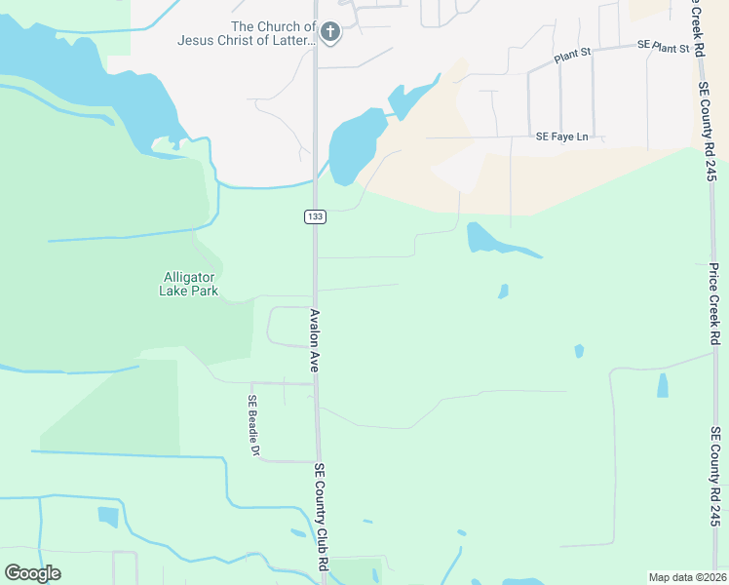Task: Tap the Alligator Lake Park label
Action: (189, 284)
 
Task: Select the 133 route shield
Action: (314, 215)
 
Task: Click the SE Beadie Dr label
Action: (252, 425)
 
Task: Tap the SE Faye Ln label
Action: (562, 136)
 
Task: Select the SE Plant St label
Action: (663, 46)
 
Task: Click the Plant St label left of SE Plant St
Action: (573, 58)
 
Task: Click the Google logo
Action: (32, 573)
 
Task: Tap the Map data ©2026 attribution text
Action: (686, 577)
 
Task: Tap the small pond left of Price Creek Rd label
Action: (579, 351)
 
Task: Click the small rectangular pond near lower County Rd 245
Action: (663, 385)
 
